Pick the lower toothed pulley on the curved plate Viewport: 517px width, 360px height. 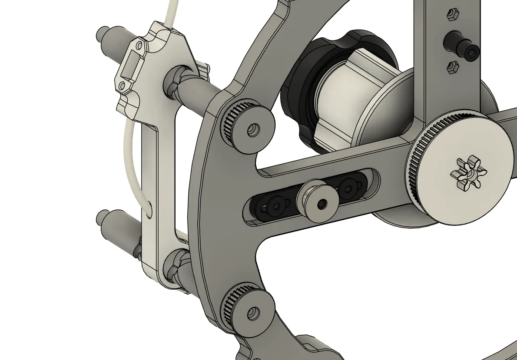[248, 310]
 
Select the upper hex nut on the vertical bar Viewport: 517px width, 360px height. [452, 15]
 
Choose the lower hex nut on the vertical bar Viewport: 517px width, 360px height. [452, 67]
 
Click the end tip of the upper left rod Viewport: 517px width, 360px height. [100, 33]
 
